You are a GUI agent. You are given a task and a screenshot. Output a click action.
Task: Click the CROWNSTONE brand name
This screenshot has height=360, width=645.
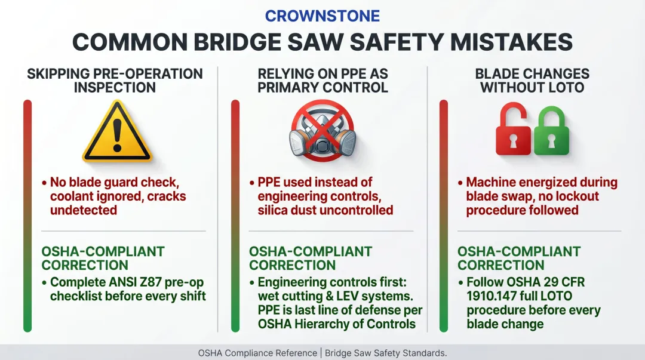tap(322, 16)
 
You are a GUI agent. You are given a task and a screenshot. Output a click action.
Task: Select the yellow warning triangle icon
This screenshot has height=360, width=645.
tap(117, 133)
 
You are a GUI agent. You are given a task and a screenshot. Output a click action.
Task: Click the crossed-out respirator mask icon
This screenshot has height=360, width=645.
tap(322, 133)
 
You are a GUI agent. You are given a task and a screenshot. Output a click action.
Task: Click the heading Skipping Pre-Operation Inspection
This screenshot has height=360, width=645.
tap(115, 81)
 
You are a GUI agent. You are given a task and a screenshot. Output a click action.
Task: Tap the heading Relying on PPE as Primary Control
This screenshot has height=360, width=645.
tap(322, 81)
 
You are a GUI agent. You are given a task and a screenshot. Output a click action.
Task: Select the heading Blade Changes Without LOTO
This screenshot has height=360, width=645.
tap(532, 81)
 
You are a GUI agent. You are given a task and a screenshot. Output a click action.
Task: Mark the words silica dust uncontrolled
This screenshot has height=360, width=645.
tap(325, 210)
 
